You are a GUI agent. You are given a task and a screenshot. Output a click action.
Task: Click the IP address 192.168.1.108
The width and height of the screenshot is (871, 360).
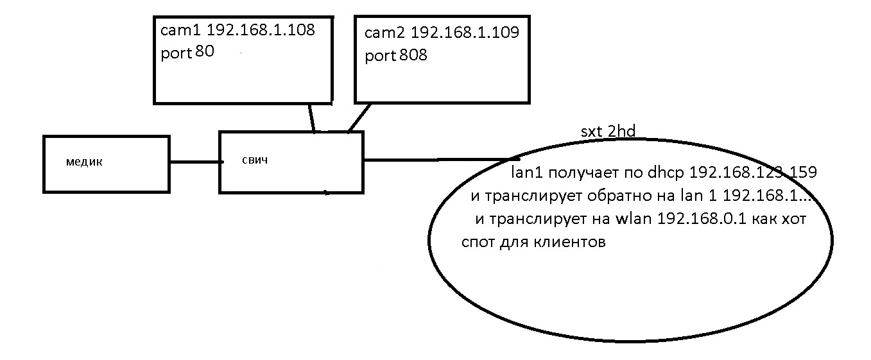tap(261, 30)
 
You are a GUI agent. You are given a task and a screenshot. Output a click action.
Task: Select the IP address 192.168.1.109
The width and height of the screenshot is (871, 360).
tap(465, 32)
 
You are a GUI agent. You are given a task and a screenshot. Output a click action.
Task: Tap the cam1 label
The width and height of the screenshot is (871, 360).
tap(182, 30)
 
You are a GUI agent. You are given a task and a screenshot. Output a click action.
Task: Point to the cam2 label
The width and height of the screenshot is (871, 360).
tap(384, 32)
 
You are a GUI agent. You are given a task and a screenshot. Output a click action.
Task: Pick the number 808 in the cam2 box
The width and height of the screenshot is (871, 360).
tap(413, 55)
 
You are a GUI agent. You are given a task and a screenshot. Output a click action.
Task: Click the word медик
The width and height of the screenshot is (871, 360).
tap(84, 162)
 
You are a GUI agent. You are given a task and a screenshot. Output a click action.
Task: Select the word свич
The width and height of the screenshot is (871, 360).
tap(256, 159)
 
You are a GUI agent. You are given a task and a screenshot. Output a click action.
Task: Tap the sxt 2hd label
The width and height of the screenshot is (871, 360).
tap(608, 132)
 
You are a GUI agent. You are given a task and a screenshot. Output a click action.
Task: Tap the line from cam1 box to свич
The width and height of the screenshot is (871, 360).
tap(311, 117)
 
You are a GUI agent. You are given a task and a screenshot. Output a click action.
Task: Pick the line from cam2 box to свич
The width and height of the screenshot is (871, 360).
tap(359, 117)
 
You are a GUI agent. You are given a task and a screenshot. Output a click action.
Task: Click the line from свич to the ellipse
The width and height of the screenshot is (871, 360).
tap(436, 159)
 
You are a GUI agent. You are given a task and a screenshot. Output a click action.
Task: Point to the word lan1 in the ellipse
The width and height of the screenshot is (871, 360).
tap(524, 173)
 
